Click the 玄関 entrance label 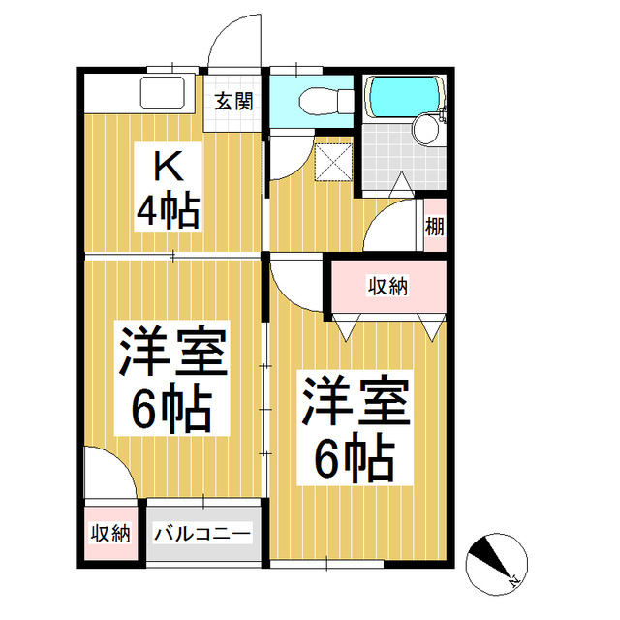point(233,102)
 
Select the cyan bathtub point(404,95)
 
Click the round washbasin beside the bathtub point(426,128)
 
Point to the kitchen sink point(163,93)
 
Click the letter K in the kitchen point(168,168)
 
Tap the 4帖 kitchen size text point(168,210)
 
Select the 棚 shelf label point(435,227)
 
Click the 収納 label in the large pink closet point(387,286)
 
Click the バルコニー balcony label point(202,534)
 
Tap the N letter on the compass point(513,581)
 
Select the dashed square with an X point(333,162)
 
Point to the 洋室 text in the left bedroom point(173,351)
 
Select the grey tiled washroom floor point(403,157)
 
